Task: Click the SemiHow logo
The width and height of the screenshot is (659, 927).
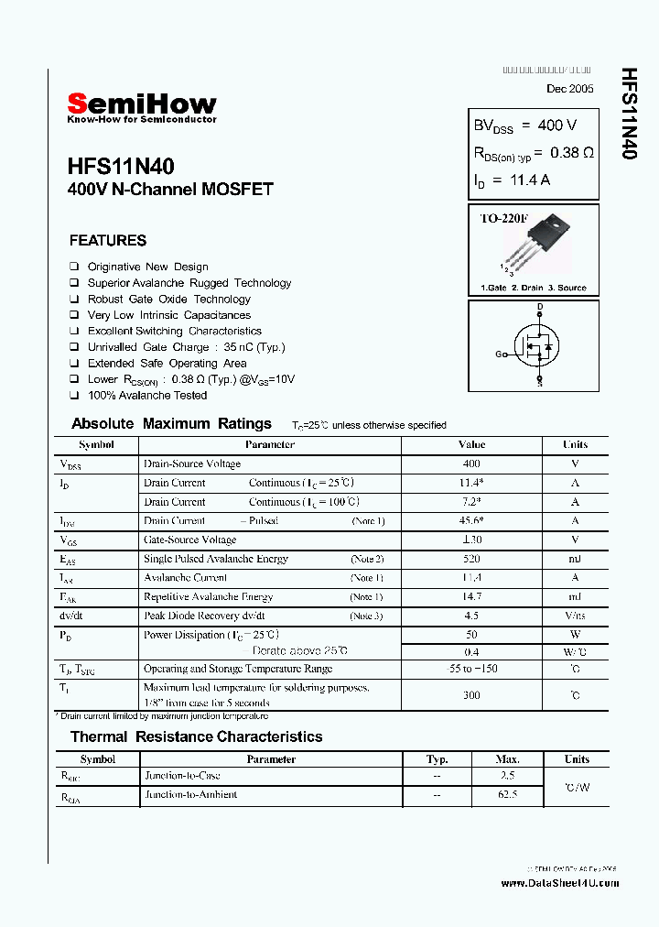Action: [x=142, y=105]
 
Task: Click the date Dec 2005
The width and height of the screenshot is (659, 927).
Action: [x=569, y=89]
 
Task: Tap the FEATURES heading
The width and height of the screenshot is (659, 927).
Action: [x=108, y=241]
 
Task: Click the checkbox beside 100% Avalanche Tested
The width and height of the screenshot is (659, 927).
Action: [x=74, y=396]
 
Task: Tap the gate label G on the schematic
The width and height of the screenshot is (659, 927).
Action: [x=500, y=354]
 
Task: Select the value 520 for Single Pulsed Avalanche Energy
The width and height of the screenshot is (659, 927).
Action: [x=471, y=559]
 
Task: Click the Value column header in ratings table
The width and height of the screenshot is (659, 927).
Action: [x=471, y=444]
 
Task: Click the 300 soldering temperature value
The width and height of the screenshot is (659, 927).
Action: [x=471, y=695]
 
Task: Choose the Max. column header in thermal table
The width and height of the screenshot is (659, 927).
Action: [x=507, y=759]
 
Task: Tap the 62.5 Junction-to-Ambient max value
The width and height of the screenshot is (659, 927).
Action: [x=507, y=795]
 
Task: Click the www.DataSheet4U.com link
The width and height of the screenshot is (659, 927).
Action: [x=560, y=883]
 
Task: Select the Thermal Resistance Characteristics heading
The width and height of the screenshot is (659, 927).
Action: [x=197, y=736]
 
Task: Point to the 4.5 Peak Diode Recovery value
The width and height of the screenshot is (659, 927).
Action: [x=471, y=616]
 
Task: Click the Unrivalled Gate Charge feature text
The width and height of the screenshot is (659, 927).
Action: [x=186, y=347]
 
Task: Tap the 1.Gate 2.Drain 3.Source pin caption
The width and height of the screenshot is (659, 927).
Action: [x=534, y=288]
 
